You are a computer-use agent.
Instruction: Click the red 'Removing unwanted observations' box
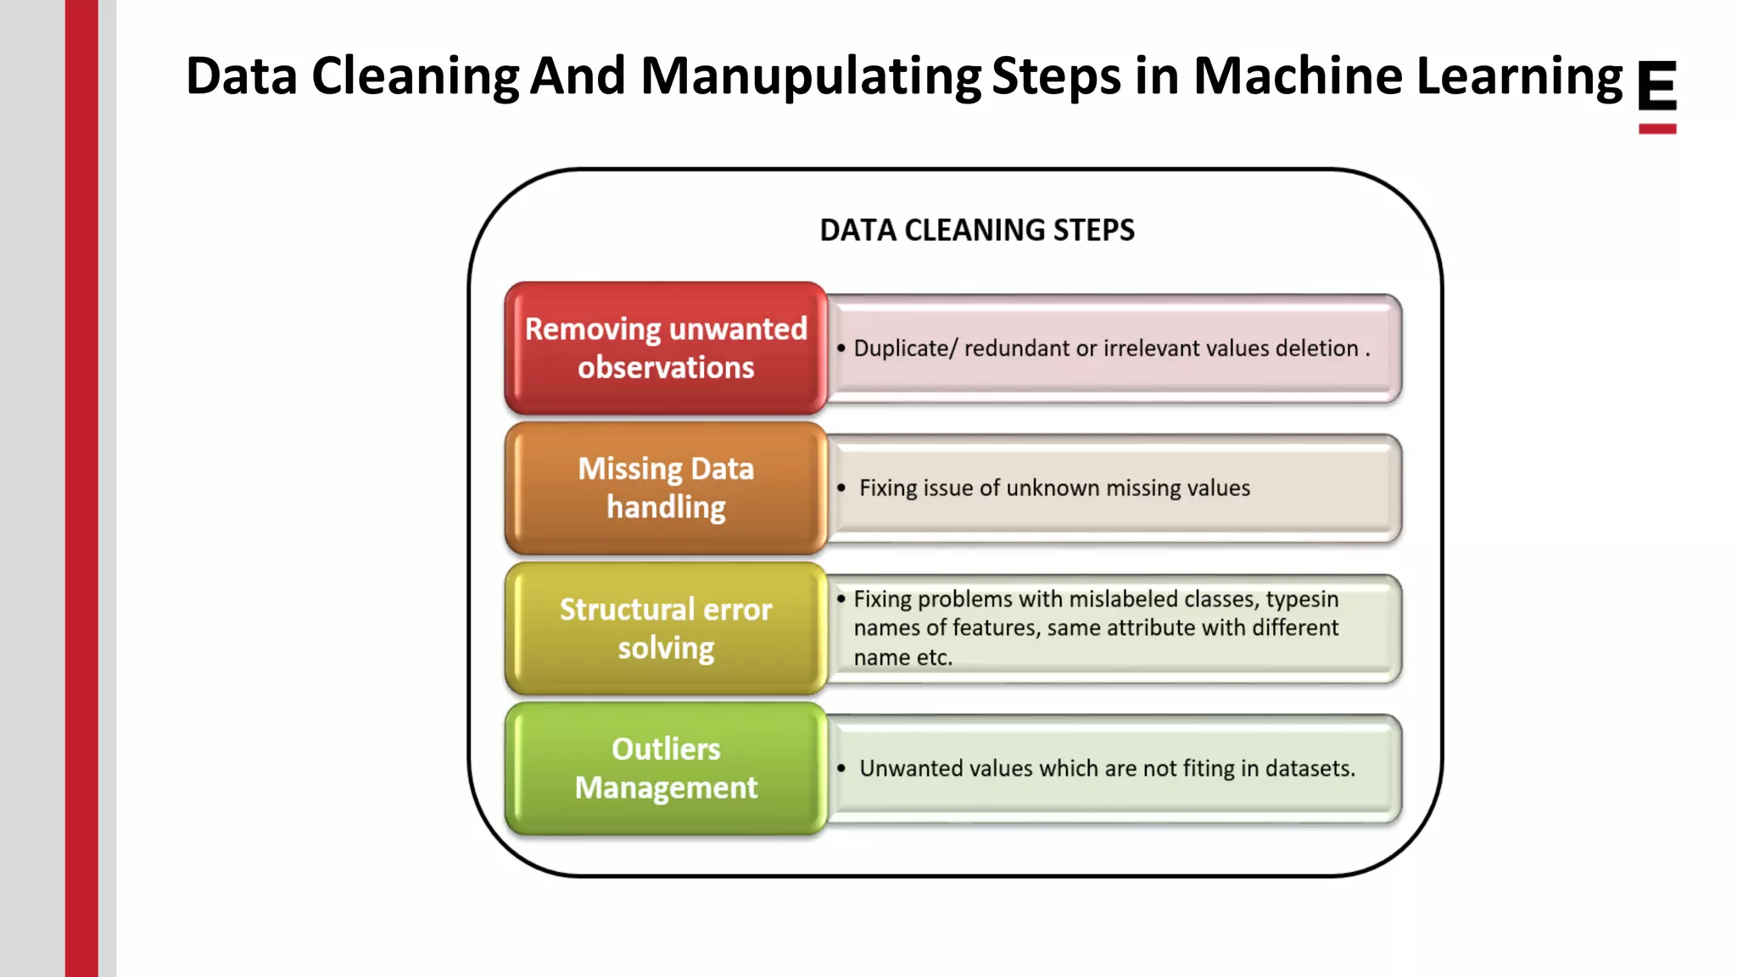click(666, 348)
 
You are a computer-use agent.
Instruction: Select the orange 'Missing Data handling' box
click(666, 488)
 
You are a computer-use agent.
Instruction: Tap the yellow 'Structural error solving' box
click(666, 628)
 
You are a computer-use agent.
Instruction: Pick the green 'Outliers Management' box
click(666, 768)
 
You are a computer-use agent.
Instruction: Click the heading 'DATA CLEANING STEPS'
click(977, 230)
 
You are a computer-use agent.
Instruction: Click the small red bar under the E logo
click(1656, 129)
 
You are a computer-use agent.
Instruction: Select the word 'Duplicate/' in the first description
click(905, 349)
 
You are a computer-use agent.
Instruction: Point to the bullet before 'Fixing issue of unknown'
click(841, 488)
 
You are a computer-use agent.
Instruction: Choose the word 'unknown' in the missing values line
click(1052, 488)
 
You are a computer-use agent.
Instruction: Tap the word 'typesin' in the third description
click(1302, 600)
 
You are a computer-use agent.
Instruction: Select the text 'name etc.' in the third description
click(903, 657)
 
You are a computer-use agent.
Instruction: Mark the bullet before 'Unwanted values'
click(841, 768)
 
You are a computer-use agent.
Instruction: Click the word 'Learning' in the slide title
click(1519, 76)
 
